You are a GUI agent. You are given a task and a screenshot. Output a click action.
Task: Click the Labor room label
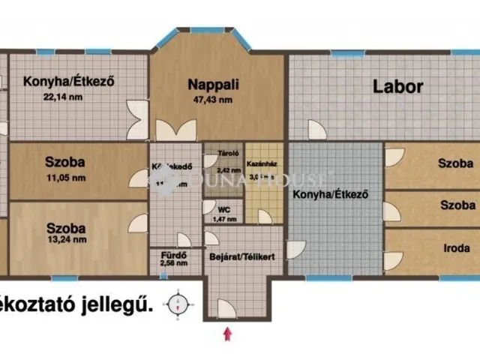pos(398,86)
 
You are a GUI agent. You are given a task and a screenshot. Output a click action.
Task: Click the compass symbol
pos(178,304)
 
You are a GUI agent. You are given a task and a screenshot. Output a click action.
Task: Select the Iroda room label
pos(456,248)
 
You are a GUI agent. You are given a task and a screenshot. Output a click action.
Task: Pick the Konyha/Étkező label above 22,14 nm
pos(67,82)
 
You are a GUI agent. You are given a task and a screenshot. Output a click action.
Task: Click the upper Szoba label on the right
pos(456,163)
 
